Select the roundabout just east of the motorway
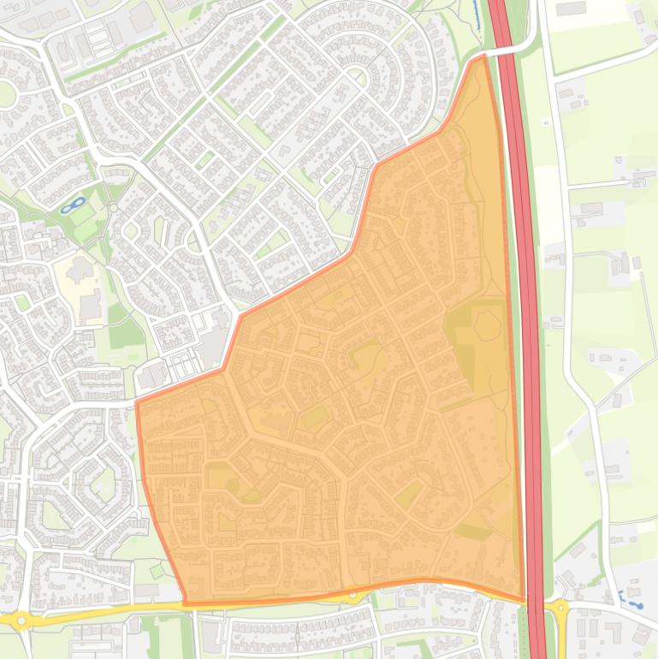(x=560, y=609)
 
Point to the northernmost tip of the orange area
(x=483, y=56)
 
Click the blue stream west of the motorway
(x=477, y=13)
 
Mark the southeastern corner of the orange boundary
(x=524, y=600)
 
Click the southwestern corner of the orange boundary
(x=186, y=603)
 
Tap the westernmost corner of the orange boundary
(x=137, y=401)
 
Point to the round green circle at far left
(x=6, y=94)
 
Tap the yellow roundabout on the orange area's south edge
(x=353, y=596)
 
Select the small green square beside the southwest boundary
(x=157, y=569)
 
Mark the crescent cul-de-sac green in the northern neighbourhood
(x=358, y=77)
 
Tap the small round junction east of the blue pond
(x=112, y=207)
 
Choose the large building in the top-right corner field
(x=571, y=9)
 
